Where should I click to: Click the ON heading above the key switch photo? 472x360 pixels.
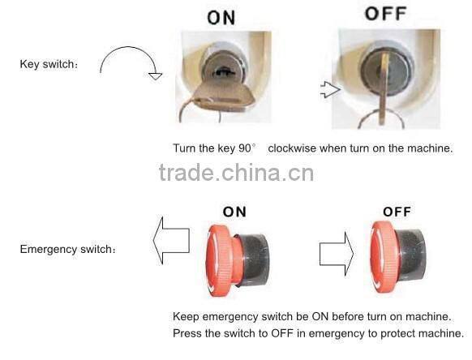(x=221, y=18)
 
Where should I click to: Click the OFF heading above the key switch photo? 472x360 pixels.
(x=386, y=14)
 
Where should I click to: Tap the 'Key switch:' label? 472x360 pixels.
(x=49, y=64)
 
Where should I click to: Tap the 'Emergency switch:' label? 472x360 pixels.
(x=68, y=249)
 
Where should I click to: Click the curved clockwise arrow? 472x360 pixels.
(x=129, y=47)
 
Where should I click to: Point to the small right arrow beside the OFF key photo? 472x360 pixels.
(x=331, y=89)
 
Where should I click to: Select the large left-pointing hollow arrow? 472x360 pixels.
(x=171, y=241)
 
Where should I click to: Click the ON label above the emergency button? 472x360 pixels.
(x=234, y=212)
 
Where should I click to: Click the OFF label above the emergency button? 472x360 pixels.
(x=397, y=212)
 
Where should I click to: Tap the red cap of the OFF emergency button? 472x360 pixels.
(x=384, y=257)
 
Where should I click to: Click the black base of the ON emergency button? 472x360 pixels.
(x=254, y=259)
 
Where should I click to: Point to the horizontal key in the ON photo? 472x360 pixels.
(x=223, y=97)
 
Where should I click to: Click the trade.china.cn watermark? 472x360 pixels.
(x=236, y=173)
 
